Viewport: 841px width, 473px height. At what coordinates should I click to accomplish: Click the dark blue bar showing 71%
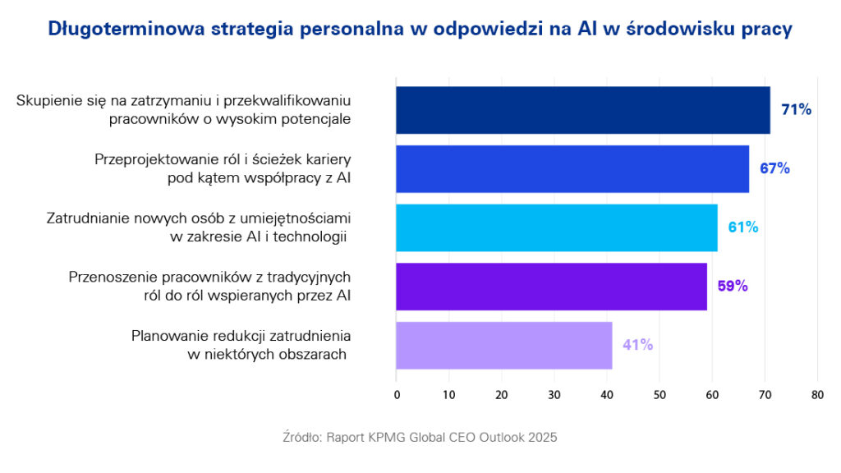(583, 110)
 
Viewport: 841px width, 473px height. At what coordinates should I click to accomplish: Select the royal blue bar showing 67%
(572, 168)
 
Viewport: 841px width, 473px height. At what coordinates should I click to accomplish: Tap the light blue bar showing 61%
(557, 227)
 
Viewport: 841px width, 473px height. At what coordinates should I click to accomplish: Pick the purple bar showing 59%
(551, 287)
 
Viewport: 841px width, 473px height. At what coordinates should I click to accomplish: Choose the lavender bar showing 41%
(504, 346)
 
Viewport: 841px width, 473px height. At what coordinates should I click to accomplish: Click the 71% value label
(796, 109)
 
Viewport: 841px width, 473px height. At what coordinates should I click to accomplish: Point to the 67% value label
(774, 168)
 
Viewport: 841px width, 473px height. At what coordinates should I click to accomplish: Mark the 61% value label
(742, 227)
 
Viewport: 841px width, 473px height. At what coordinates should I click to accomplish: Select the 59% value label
(732, 287)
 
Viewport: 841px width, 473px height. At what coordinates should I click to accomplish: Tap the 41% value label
(637, 346)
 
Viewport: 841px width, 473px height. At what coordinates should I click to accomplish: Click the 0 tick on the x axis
(397, 395)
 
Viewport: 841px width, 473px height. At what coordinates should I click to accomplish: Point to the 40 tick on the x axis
(607, 395)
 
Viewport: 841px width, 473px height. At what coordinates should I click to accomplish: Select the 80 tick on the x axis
(817, 395)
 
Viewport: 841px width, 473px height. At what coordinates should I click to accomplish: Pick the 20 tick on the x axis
(502, 395)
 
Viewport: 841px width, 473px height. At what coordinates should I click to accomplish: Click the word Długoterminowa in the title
(123, 30)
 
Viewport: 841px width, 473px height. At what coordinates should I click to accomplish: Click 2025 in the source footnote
(541, 438)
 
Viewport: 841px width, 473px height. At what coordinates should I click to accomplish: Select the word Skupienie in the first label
(46, 100)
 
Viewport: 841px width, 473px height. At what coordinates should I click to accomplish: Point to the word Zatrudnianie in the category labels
(84, 218)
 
